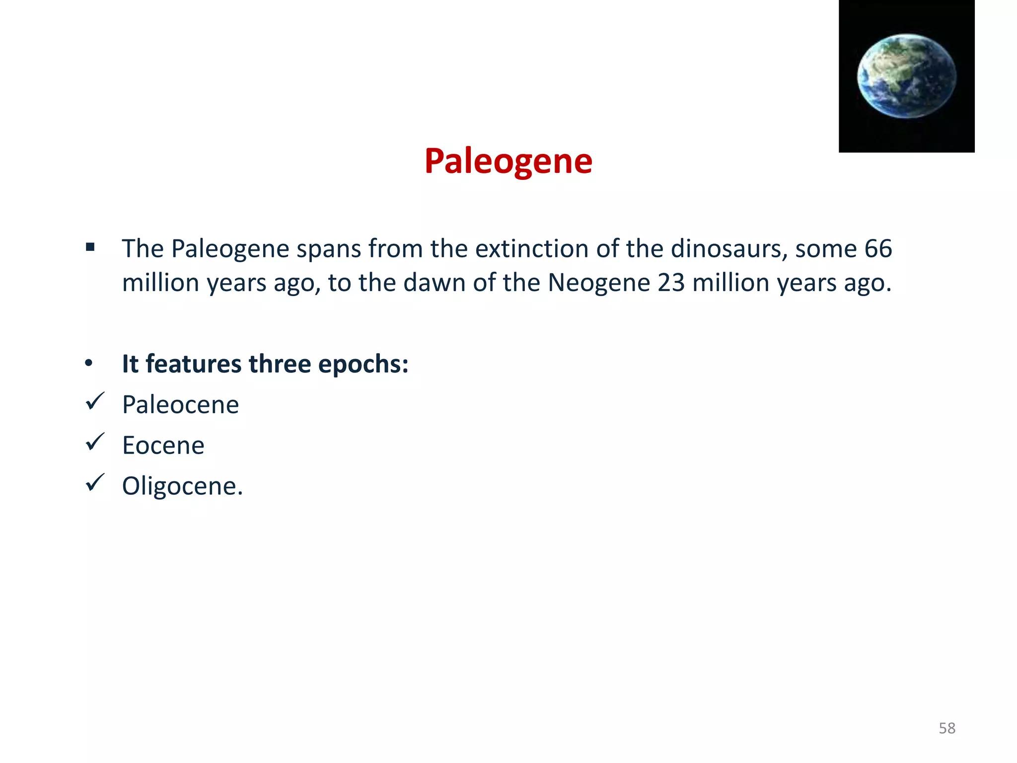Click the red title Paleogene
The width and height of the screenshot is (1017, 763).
(x=508, y=161)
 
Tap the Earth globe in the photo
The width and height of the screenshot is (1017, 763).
(x=907, y=76)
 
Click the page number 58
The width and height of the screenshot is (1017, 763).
(x=947, y=728)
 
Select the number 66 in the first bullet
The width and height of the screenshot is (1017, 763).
(x=878, y=248)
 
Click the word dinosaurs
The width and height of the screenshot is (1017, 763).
(x=729, y=248)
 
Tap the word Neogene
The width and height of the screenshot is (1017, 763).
(x=599, y=283)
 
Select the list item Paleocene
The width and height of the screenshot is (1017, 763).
(x=180, y=404)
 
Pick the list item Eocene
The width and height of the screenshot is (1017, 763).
(x=163, y=445)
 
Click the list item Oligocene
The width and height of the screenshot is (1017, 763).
(x=182, y=486)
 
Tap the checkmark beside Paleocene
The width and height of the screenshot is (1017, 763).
(x=95, y=401)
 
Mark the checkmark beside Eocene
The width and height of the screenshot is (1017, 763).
(x=95, y=442)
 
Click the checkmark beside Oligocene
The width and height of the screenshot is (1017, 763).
(x=95, y=483)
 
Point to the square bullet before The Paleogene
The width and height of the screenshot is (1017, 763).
(x=90, y=247)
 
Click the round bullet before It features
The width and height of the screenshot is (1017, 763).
(x=89, y=364)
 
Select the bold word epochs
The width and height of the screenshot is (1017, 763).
(x=363, y=364)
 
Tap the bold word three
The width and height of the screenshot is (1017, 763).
(x=280, y=364)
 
